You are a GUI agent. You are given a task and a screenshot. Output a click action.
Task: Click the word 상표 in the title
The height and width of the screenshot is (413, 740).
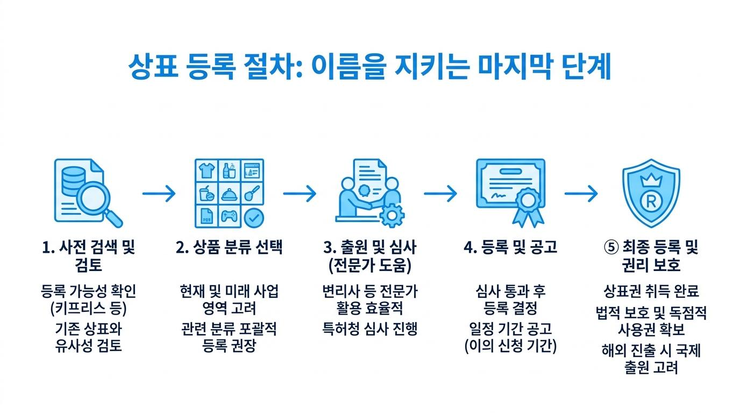click(x=153, y=66)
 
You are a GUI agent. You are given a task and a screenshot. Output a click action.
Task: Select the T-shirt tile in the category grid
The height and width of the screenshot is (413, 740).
click(x=207, y=170)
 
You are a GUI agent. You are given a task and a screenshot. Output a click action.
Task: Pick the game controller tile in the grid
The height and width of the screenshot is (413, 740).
click(x=229, y=217)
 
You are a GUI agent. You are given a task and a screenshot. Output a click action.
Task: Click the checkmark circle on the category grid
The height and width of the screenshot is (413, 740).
click(x=254, y=218)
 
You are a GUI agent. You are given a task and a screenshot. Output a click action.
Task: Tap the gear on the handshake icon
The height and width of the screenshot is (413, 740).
click(x=392, y=216)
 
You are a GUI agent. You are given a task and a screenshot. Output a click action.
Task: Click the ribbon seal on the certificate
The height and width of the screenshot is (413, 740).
click(x=528, y=207)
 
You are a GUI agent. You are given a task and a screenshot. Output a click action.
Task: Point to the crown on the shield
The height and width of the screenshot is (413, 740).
click(x=651, y=180)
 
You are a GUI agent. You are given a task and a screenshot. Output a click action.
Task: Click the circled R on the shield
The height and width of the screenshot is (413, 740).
click(x=651, y=201)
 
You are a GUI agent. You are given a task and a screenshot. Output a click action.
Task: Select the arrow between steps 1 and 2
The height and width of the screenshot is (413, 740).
click(x=159, y=193)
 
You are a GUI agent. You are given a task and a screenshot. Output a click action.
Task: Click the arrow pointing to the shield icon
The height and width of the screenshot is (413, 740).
click(x=581, y=193)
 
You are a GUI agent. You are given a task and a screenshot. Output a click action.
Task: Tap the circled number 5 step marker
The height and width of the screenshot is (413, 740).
click(x=611, y=247)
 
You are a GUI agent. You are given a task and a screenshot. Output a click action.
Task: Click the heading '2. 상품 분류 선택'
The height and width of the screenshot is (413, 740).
click(x=229, y=247)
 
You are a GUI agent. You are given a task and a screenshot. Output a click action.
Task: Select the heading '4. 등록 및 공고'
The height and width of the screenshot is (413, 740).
click(x=510, y=247)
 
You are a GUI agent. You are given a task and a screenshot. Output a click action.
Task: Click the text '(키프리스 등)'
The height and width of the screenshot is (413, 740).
click(x=89, y=309)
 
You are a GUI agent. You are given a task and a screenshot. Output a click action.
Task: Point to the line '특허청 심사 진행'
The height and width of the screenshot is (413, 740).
click(x=370, y=329)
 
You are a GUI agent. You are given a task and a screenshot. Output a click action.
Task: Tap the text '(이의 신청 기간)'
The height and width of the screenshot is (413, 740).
click(x=510, y=346)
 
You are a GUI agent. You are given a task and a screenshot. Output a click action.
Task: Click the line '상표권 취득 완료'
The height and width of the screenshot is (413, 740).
click(x=651, y=291)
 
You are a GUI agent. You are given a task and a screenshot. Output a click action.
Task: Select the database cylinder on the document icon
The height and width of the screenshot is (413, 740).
click(x=73, y=181)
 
